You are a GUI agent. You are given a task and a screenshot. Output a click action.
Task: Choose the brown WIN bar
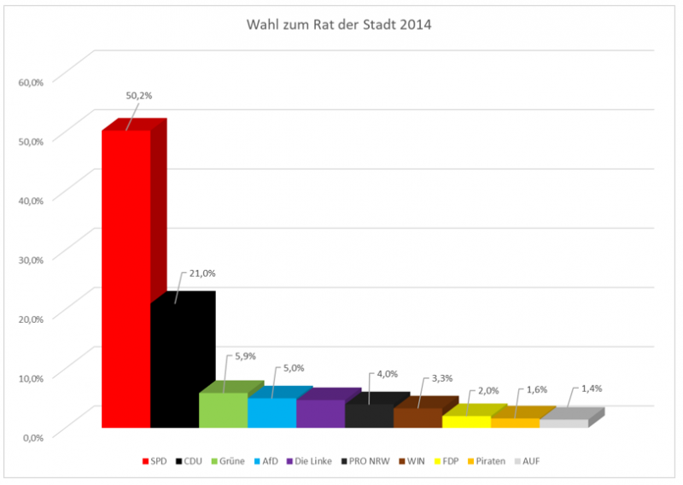coord(417,418)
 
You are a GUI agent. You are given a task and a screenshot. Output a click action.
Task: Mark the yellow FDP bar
coord(466,421)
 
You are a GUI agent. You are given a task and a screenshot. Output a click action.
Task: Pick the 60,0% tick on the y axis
coord(30,82)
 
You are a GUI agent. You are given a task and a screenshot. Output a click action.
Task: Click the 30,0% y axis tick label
coord(30,260)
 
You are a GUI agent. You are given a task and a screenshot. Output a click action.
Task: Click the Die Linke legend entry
coord(312,462)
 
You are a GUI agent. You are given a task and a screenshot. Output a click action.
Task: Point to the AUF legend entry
coord(534,462)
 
